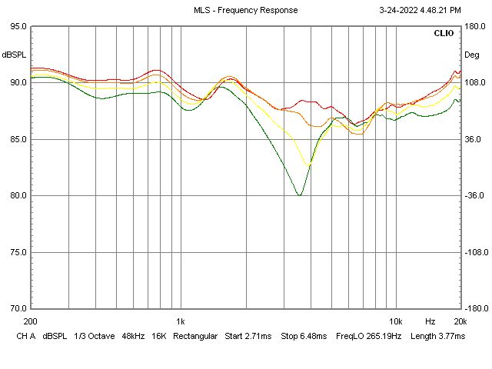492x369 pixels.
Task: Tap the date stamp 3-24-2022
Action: [401, 10]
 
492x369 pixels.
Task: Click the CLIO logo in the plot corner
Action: [444, 34]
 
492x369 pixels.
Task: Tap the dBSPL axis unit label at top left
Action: [15, 55]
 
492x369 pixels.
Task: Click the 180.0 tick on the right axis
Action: [473, 26]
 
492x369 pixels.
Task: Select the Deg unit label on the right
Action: [471, 55]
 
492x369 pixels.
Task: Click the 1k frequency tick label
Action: [181, 321]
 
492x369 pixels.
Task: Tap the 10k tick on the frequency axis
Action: [396, 321]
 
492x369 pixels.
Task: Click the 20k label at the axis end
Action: [460, 321]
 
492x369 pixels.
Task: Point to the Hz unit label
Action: [430, 321]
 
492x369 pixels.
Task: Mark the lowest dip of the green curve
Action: [299, 195]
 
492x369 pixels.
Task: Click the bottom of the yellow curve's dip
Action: [309, 165]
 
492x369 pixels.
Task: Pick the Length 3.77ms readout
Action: [438, 337]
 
